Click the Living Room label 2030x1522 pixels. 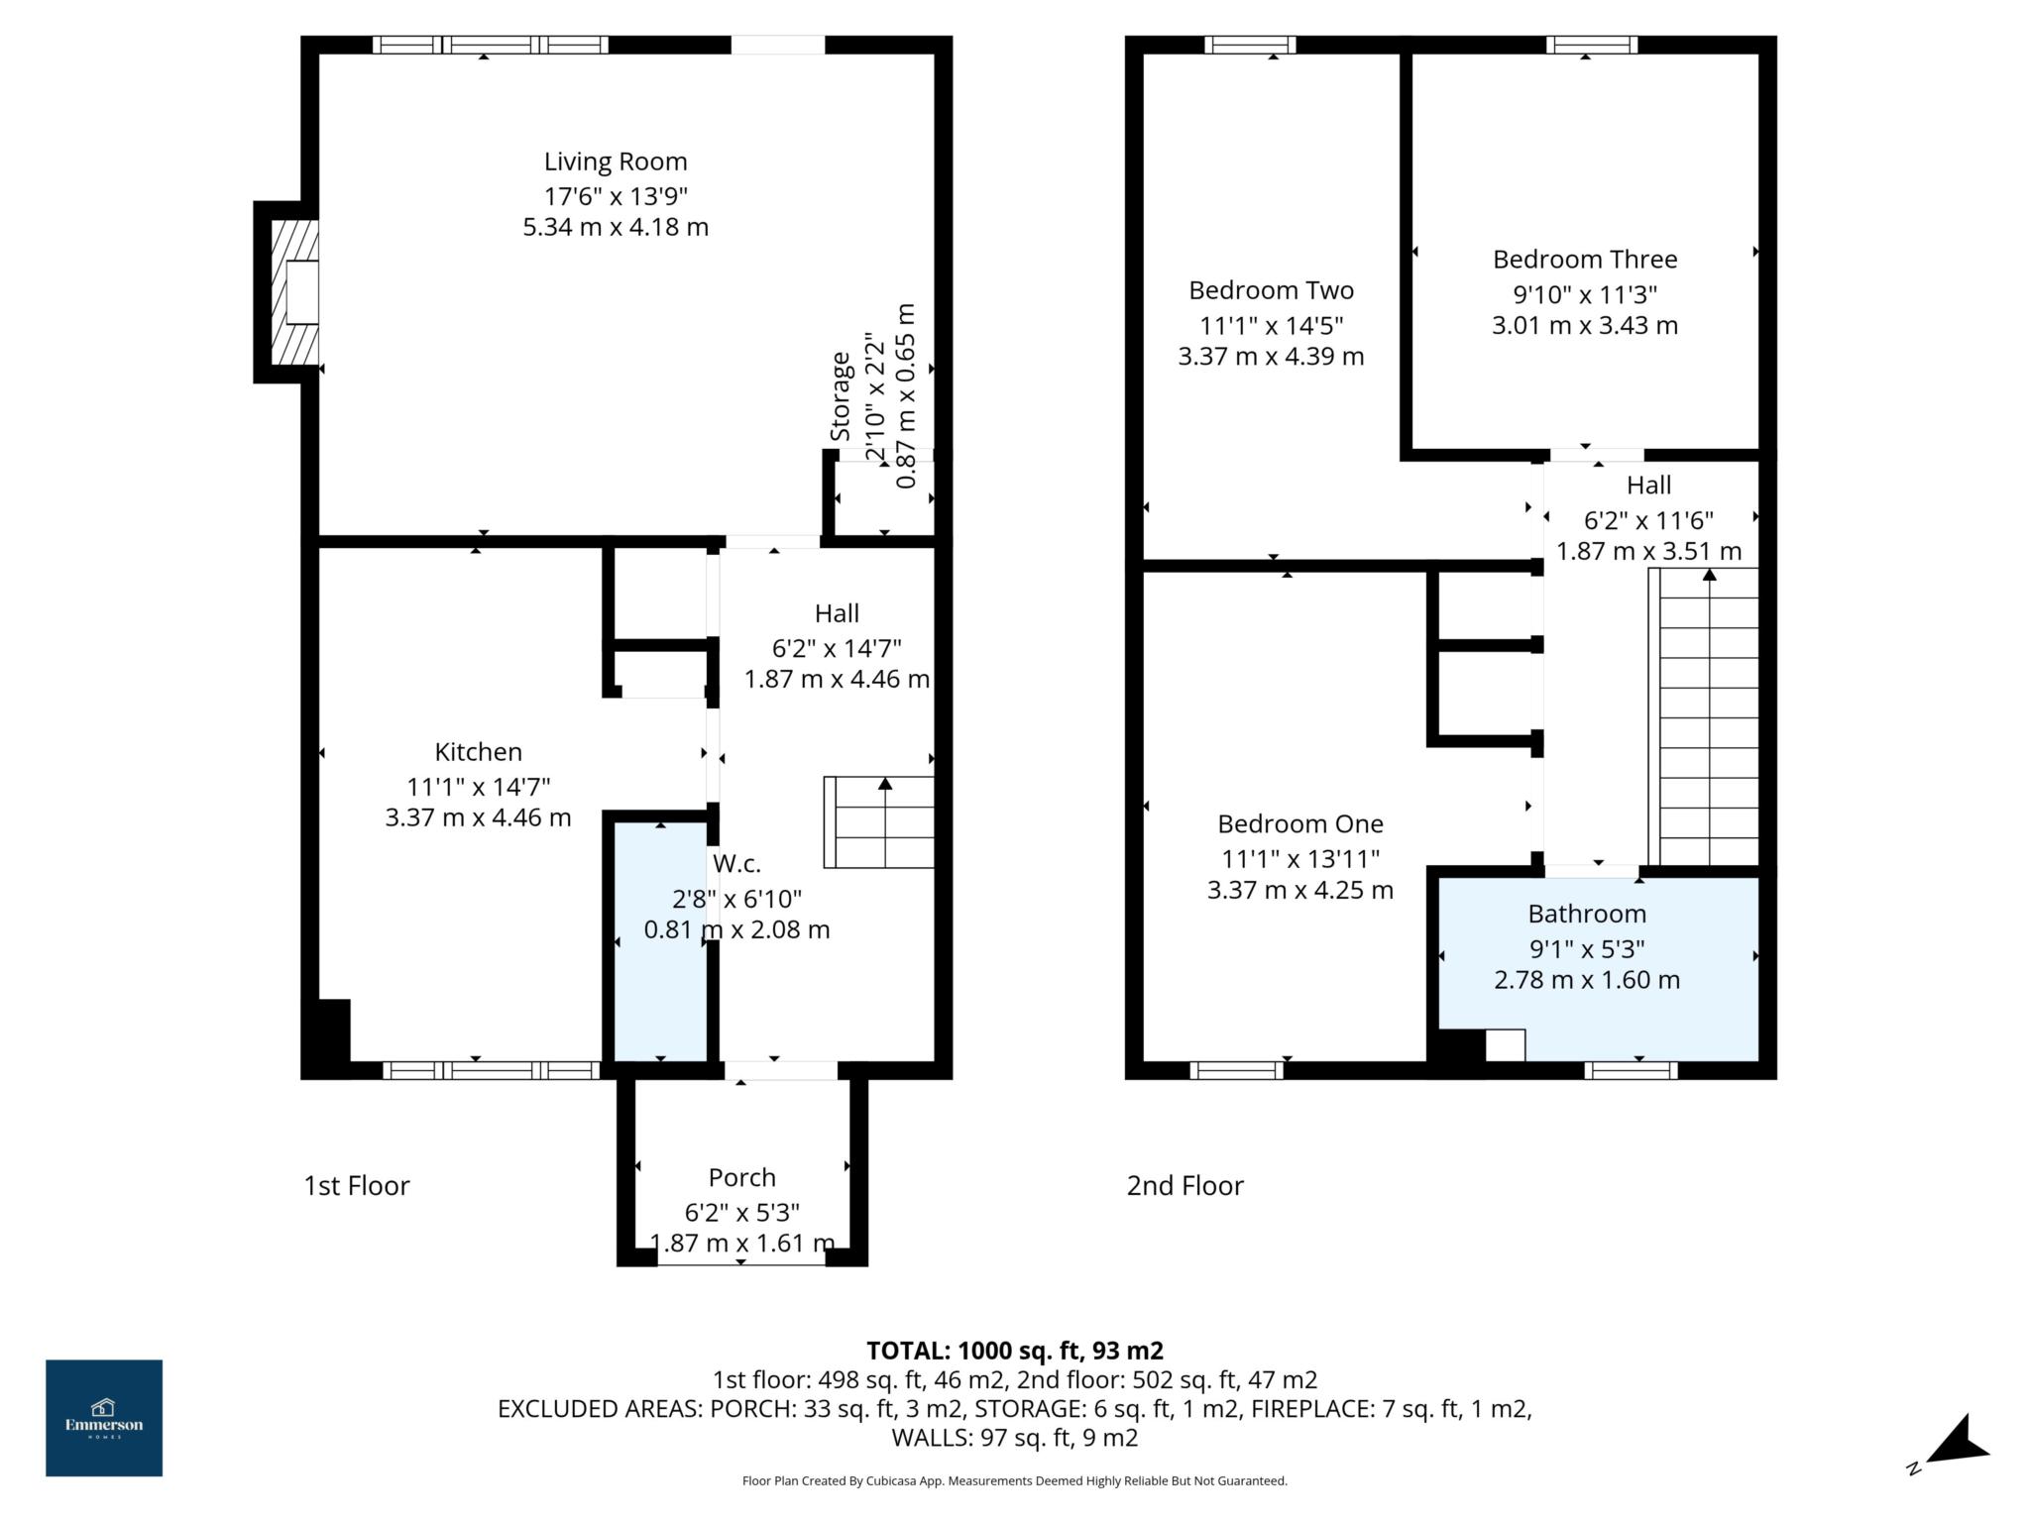tap(615, 162)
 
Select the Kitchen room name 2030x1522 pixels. tap(478, 752)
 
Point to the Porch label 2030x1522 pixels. tap(741, 1177)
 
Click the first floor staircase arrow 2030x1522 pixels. tap(884, 785)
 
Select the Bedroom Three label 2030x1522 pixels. tap(1584, 260)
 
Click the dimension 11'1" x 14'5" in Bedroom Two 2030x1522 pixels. tap(1271, 325)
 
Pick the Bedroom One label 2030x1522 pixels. tap(1299, 823)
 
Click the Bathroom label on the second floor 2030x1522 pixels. tap(1586, 914)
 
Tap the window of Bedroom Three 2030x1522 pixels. tap(1591, 45)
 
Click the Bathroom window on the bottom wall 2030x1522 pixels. tap(1630, 1070)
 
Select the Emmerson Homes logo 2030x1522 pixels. tap(104, 1418)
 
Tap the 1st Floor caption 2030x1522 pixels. tap(356, 1185)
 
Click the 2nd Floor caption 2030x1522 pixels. tap(1184, 1185)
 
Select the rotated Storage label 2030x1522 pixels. tap(841, 396)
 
